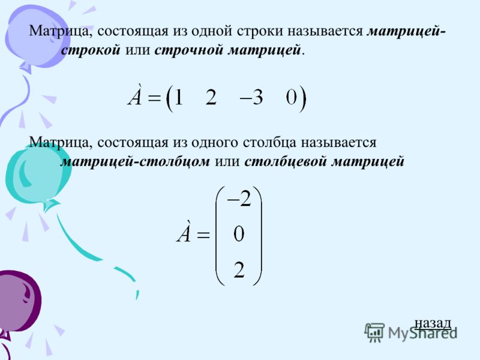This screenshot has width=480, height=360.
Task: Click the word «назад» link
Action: coord(433,323)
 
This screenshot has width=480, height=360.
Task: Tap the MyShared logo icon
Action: coord(374,332)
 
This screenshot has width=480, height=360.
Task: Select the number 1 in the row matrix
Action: coord(178,98)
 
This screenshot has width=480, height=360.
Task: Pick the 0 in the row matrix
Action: coord(292,98)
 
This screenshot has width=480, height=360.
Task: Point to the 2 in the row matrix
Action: coord(211,98)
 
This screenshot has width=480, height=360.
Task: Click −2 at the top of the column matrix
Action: coord(239,199)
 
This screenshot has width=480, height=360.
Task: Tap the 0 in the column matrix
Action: coord(239,234)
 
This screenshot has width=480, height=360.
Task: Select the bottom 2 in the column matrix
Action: coord(239,270)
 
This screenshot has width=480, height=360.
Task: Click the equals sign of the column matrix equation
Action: coord(203,235)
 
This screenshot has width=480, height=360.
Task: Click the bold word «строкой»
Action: coord(91,50)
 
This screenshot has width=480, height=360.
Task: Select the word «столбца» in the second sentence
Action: coord(269,143)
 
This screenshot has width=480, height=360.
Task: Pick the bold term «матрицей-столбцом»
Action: coord(135,161)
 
